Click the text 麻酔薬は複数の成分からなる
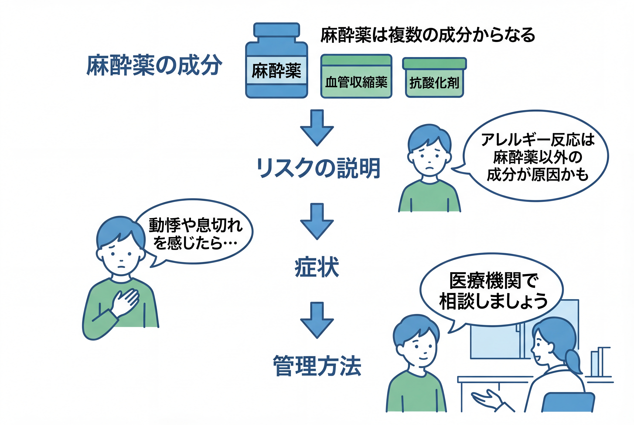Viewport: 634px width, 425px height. (428, 35)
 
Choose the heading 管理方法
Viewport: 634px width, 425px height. (317, 366)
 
